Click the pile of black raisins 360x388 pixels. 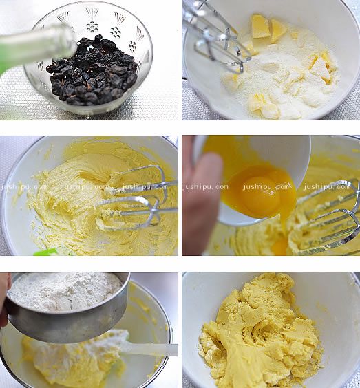click(92, 72)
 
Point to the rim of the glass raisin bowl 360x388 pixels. click(89, 8)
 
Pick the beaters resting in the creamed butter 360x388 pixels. click(138, 198)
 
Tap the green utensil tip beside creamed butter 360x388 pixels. click(46, 252)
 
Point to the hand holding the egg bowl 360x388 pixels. click(200, 195)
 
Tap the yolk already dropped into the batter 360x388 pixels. click(279, 247)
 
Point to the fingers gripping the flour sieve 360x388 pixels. click(4, 297)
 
